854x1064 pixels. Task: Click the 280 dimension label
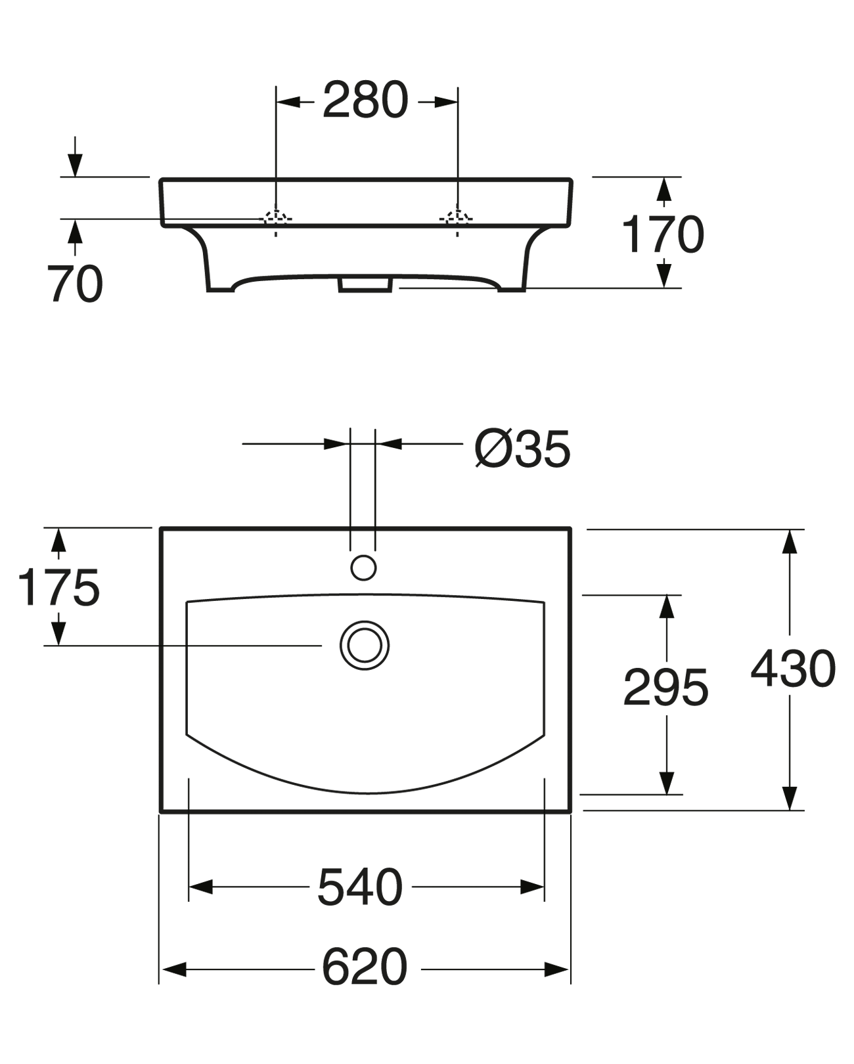[x=365, y=102]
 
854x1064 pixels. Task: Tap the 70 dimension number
[x=75, y=284]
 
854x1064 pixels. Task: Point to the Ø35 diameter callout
[x=522, y=450]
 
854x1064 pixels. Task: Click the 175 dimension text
[x=58, y=587]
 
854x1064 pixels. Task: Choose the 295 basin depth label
[x=665, y=688]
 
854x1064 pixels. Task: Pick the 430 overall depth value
[x=793, y=669]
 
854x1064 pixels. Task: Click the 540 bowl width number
[x=360, y=887]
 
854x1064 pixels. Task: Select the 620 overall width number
[x=365, y=967]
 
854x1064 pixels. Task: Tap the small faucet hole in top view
[x=363, y=567]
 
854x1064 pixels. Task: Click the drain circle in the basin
[x=365, y=645]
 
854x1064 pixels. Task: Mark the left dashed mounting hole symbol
[x=276, y=219]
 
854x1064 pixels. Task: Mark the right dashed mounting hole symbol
[x=457, y=219]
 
